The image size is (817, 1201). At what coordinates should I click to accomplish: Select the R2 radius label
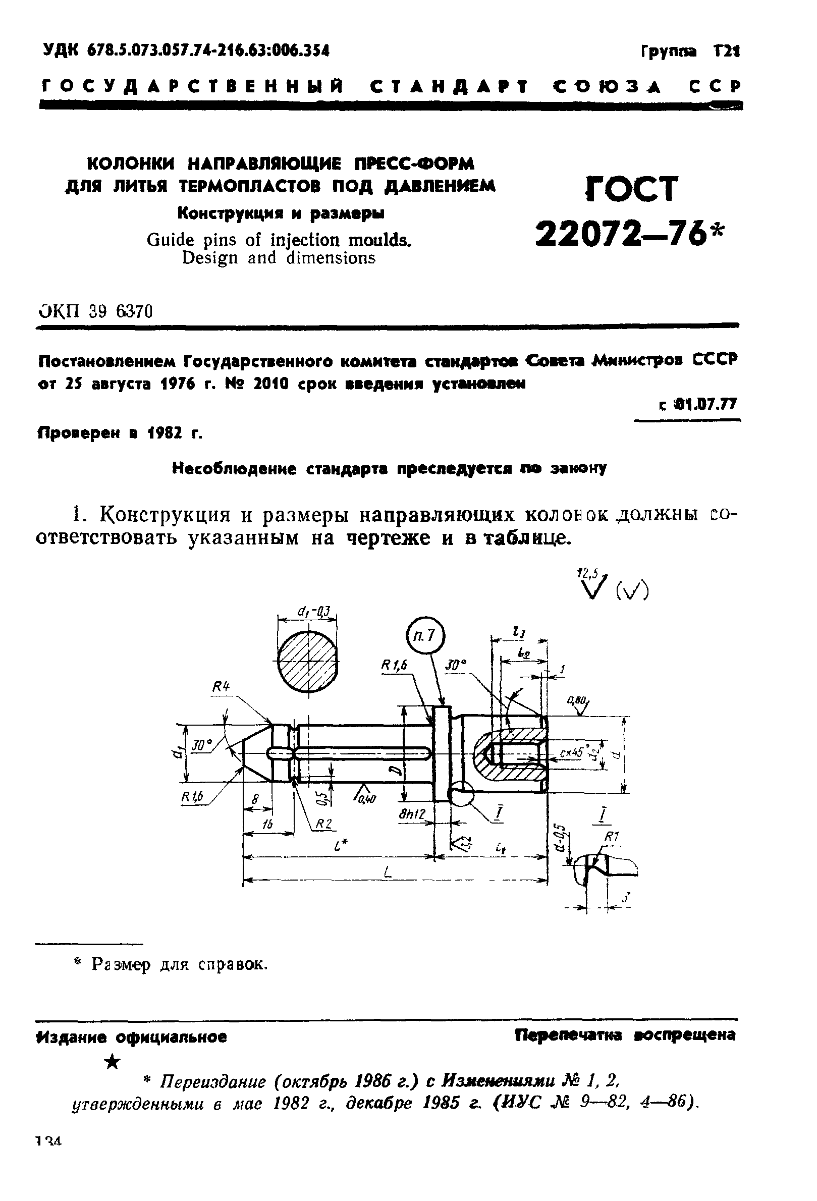tap(323, 823)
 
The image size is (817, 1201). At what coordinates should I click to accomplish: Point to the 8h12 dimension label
tap(412, 814)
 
